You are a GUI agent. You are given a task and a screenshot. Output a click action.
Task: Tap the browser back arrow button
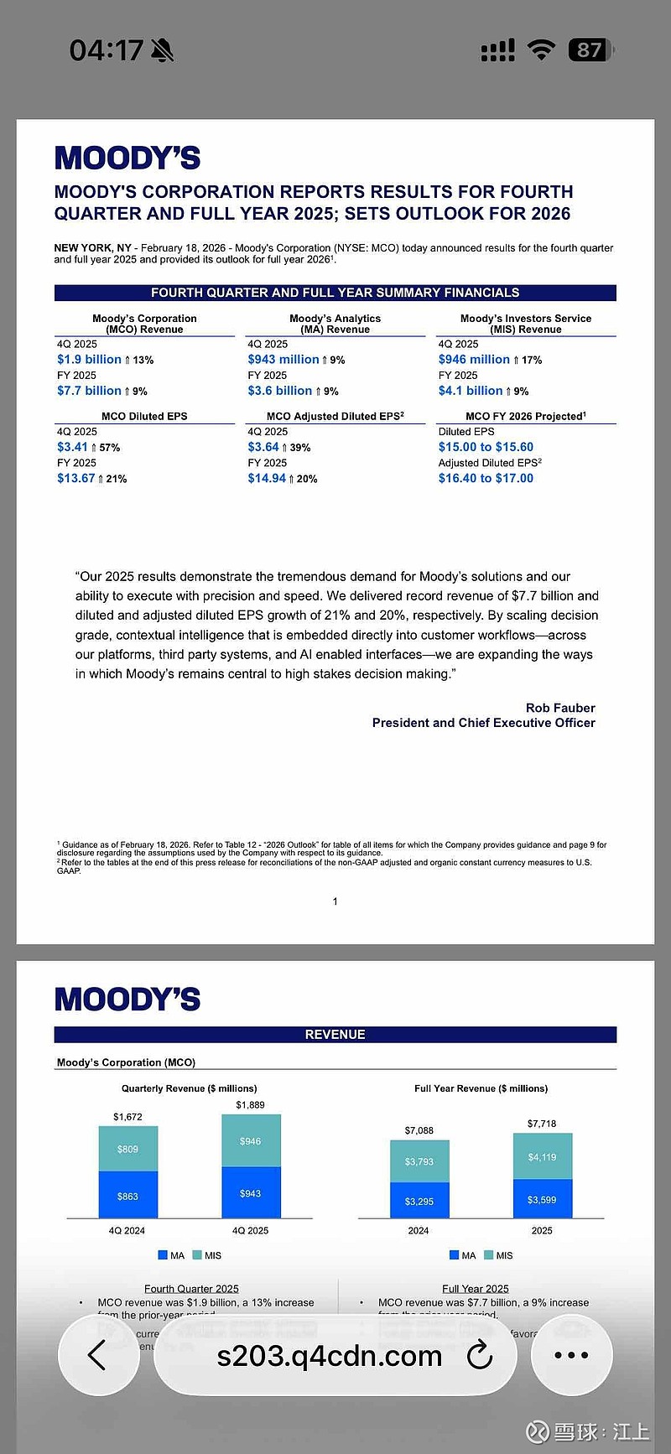pyautogui.click(x=97, y=1355)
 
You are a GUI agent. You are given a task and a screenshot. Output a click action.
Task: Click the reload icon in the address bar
pyautogui.click(x=479, y=1355)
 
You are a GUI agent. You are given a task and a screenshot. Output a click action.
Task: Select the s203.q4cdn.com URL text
pyautogui.click(x=329, y=1356)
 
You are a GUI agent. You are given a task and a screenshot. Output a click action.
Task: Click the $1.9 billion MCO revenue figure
pyautogui.click(x=89, y=360)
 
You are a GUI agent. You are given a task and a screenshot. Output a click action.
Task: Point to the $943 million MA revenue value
pyautogui.click(x=283, y=360)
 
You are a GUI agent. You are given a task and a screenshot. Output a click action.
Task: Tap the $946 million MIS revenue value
pyautogui.click(x=474, y=360)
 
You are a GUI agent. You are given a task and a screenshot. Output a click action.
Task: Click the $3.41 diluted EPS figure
pyautogui.click(x=72, y=447)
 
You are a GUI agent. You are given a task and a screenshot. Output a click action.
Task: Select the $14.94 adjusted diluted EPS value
pyautogui.click(x=267, y=479)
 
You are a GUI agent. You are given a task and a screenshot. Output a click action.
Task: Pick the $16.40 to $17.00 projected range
pyautogui.click(x=486, y=479)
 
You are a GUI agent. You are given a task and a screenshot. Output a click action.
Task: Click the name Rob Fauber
pyautogui.click(x=560, y=708)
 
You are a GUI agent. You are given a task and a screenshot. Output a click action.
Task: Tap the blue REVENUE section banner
pyautogui.click(x=335, y=1035)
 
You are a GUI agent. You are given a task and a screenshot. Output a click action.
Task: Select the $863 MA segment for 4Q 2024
pyautogui.click(x=127, y=1197)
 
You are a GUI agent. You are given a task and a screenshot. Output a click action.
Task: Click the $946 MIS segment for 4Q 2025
pyautogui.click(x=251, y=1141)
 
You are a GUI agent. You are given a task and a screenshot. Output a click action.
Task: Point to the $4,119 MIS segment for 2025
pyautogui.click(x=542, y=1157)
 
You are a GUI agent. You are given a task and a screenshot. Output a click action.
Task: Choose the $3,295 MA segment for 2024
pyautogui.click(x=419, y=1202)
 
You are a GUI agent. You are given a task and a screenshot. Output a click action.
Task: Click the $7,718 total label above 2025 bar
pyautogui.click(x=542, y=1124)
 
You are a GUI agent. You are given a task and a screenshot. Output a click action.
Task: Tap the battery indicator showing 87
pyautogui.click(x=589, y=50)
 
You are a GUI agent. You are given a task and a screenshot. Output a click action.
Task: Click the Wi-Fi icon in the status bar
pyautogui.click(x=542, y=50)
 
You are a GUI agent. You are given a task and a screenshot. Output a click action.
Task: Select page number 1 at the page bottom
pyautogui.click(x=335, y=901)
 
